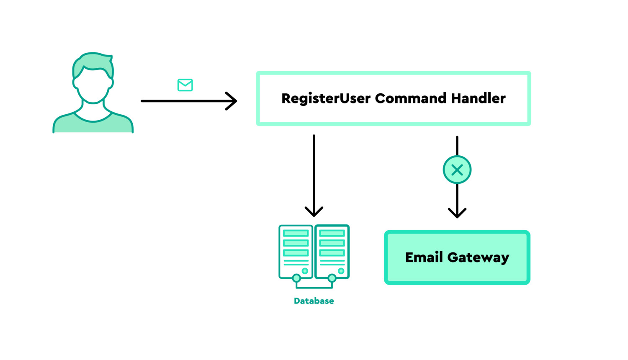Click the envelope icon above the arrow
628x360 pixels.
[185, 85]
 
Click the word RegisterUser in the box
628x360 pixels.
[326, 98]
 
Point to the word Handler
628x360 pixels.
[478, 98]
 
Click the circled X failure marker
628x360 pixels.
[457, 170]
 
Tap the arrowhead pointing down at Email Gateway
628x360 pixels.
[457, 213]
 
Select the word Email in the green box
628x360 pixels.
[424, 257]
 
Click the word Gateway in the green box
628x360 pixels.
[478, 257]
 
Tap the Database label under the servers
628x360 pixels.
[314, 301]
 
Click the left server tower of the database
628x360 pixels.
[296, 251]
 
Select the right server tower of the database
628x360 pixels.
[332, 251]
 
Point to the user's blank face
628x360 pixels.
[93, 86]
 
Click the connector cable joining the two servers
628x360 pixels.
[314, 287]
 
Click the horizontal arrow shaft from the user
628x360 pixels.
[184, 101]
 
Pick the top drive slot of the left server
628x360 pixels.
[296, 233]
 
